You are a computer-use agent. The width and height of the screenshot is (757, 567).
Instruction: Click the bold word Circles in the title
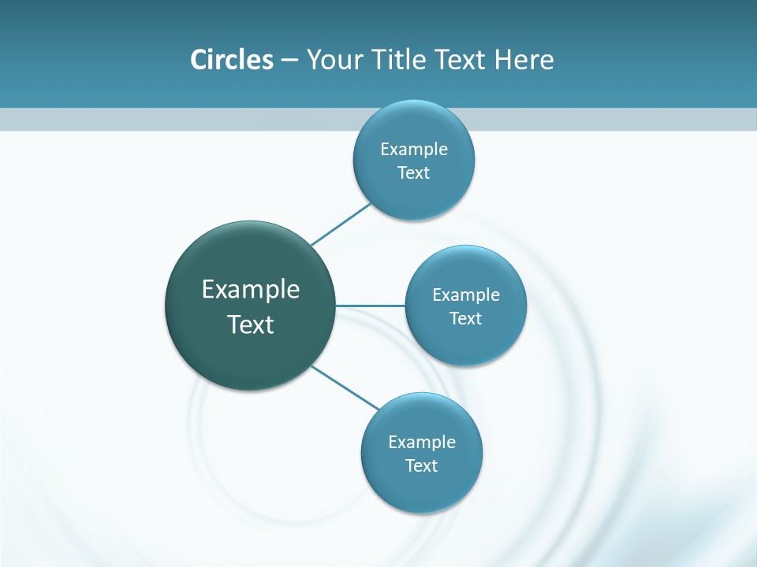(x=232, y=60)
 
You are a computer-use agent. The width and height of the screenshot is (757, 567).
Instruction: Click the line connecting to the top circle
(x=341, y=224)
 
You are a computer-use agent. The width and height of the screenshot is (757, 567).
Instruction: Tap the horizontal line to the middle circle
(x=370, y=306)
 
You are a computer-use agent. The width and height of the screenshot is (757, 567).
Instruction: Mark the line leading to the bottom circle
(x=345, y=387)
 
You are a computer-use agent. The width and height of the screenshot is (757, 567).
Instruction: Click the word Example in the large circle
(x=251, y=290)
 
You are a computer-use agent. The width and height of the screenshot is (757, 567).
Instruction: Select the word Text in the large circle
(x=251, y=324)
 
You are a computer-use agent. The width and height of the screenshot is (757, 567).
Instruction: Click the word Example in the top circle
(x=414, y=149)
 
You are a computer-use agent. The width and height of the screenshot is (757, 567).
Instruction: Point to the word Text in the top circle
(x=414, y=173)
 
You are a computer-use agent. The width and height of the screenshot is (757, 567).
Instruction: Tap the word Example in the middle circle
(x=466, y=295)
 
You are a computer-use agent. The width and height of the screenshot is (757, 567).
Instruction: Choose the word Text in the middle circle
(x=466, y=319)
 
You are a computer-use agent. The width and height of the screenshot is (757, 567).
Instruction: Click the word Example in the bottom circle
(x=422, y=442)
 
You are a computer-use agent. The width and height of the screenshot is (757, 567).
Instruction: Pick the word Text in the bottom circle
(x=422, y=466)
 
